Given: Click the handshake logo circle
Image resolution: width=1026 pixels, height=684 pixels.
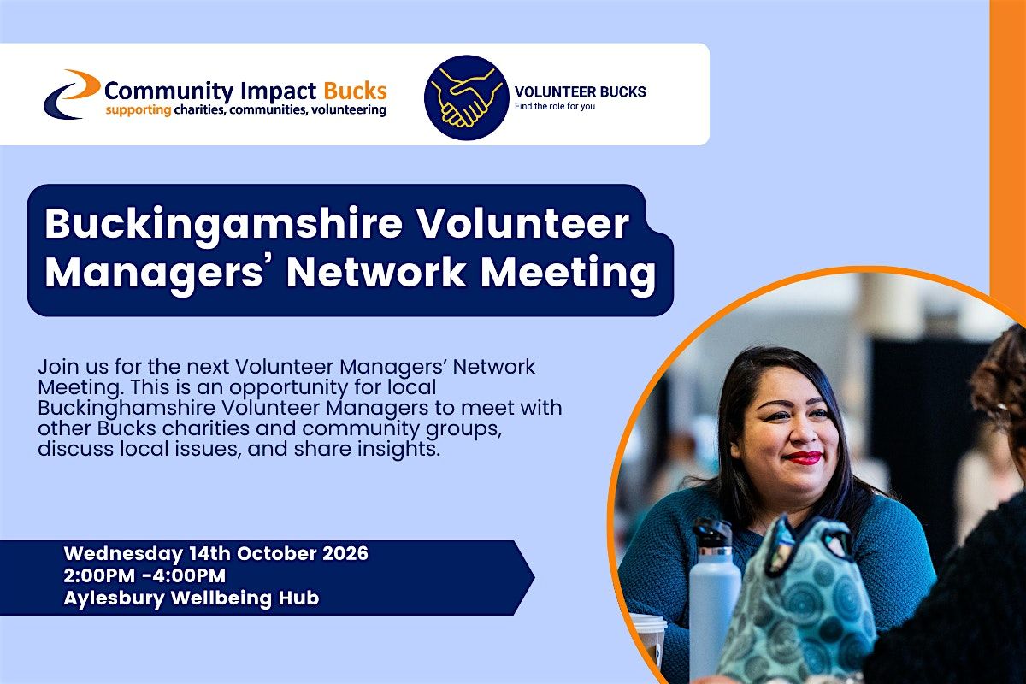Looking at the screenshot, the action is [466, 97].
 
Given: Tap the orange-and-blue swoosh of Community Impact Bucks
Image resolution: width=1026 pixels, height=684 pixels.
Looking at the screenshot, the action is [72, 94].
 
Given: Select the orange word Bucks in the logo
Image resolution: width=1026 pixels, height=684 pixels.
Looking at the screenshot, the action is [355, 91].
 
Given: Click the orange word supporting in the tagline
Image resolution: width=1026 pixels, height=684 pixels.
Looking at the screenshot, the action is [139, 110].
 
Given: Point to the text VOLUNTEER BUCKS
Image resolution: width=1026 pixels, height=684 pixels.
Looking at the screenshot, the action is [580, 91].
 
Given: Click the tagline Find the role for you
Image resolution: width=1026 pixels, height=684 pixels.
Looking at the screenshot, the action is [555, 106].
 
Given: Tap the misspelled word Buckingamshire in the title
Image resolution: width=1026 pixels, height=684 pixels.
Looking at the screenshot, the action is [223, 224].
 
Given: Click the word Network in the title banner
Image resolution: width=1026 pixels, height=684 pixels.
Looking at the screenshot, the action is [376, 272].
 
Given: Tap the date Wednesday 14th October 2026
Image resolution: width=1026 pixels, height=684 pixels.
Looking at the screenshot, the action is [215, 554].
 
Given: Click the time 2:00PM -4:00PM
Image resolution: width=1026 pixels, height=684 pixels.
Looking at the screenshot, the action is [144, 576].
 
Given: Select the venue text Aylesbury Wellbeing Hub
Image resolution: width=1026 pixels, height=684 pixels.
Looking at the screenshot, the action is [192, 598].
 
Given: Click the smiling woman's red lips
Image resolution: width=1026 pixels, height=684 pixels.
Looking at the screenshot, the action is [802, 457].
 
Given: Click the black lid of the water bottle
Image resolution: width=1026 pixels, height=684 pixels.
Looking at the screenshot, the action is [711, 534].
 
